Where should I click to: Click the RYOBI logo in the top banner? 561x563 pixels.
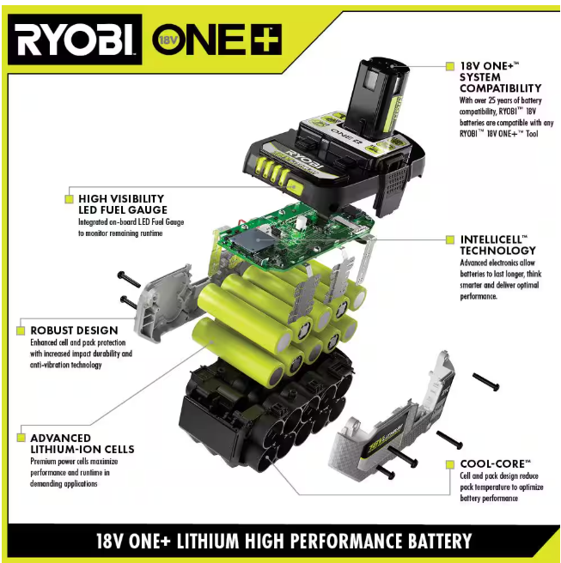[75, 39]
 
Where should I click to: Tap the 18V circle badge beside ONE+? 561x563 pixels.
[168, 39]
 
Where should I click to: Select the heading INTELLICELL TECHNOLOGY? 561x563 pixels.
[497, 245]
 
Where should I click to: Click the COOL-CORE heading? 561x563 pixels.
[495, 464]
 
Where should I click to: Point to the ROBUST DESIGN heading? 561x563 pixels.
[74, 330]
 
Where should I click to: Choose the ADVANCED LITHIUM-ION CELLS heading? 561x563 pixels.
[82, 444]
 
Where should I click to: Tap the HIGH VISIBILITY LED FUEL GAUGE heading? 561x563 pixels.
[123, 204]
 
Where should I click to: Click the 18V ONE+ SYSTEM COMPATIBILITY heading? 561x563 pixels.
[500, 77]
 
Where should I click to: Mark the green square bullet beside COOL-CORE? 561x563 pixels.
[450, 464]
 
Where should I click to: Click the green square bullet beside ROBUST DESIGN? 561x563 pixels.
[21, 330]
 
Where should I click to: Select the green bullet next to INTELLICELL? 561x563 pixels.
[450, 239]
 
